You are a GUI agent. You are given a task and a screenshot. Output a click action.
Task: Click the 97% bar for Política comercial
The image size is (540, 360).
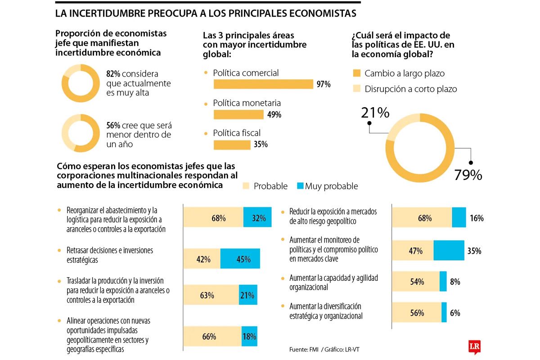[x=263, y=84]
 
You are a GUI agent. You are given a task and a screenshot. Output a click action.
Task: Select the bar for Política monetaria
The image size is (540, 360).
[x=238, y=114]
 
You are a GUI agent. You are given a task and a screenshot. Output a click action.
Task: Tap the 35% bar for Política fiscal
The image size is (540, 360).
[x=232, y=144]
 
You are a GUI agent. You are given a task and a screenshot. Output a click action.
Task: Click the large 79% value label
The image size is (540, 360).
[x=468, y=175]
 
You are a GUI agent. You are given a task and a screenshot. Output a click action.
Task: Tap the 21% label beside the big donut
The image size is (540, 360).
[x=375, y=112]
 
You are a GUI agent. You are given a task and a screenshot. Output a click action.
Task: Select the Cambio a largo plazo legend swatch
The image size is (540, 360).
[x=357, y=73]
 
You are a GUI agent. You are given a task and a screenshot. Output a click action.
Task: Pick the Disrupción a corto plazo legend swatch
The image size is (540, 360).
[x=357, y=89]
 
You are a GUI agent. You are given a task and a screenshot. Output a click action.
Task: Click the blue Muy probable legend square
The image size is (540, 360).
[x=301, y=186]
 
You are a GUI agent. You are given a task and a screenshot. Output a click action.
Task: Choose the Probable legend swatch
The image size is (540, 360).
[x=246, y=186]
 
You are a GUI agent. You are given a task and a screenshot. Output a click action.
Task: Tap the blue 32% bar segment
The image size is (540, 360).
[x=257, y=218]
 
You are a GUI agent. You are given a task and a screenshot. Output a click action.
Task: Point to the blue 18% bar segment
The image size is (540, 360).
[x=249, y=336]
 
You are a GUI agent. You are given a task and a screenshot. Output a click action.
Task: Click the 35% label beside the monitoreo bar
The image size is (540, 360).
[x=474, y=251]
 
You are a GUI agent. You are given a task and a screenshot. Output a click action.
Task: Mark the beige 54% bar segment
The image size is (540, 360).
[x=416, y=282]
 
